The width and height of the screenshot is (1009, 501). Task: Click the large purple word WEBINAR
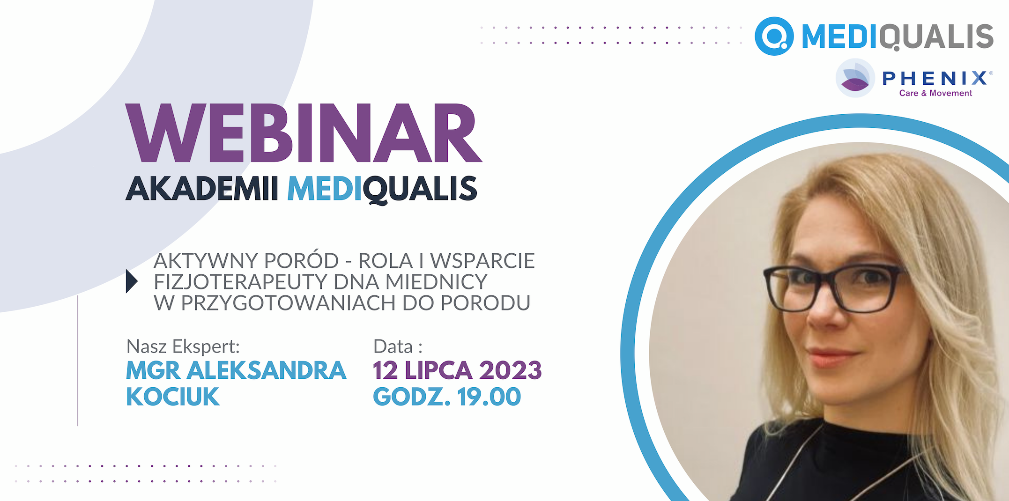304,133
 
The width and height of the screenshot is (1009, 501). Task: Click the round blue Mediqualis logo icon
774,36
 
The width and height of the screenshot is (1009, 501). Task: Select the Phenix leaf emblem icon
855,78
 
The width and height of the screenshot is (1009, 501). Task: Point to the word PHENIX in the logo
935,78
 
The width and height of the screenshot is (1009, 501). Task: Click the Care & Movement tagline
935,93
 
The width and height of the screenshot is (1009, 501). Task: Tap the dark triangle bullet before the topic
132,281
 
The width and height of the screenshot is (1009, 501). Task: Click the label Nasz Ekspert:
183,347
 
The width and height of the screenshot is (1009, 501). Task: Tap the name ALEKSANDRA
267,370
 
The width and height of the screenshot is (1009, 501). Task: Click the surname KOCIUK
173,397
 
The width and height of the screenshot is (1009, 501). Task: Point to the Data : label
398,347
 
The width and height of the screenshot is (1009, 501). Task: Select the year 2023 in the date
511,370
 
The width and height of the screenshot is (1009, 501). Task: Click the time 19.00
489,397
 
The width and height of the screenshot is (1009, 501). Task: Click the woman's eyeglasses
834,287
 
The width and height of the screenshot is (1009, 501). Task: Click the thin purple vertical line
77,361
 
